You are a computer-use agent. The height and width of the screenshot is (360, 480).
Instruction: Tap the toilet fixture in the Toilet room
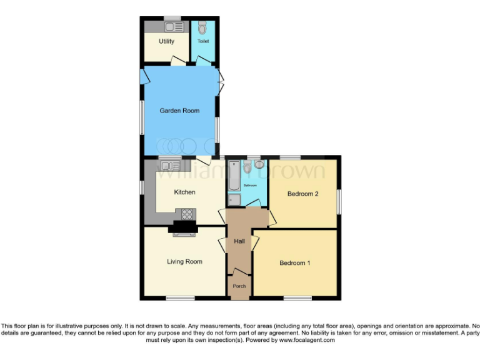tap(202, 28)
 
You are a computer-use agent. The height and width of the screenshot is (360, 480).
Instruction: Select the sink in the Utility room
tap(173, 27)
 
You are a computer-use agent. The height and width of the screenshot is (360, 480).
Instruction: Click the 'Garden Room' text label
tap(179, 111)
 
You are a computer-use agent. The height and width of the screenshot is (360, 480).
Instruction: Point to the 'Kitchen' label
tap(184, 192)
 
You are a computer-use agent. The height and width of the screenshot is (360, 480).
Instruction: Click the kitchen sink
tap(167, 166)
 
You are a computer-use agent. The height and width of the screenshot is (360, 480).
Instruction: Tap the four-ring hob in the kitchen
tap(187, 214)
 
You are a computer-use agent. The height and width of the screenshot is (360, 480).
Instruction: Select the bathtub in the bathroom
tap(234, 176)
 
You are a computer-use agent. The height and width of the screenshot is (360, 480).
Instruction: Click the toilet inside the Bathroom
tap(248, 166)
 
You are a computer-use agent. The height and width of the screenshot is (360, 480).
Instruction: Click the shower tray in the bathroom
tap(234, 199)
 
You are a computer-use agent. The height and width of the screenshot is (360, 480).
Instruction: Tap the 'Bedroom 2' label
tap(302, 194)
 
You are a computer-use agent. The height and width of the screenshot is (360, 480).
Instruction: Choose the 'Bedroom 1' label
tap(294, 263)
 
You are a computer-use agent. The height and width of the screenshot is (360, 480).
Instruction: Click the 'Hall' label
tap(239, 241)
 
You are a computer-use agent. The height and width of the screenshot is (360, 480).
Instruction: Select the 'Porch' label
tap(239, 286)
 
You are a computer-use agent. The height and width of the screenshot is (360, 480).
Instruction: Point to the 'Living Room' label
tap(184, 261)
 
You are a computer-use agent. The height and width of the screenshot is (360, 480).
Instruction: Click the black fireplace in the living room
tap(184, 228)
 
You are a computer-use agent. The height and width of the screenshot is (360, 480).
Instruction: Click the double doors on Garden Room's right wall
tap(221, 81)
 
